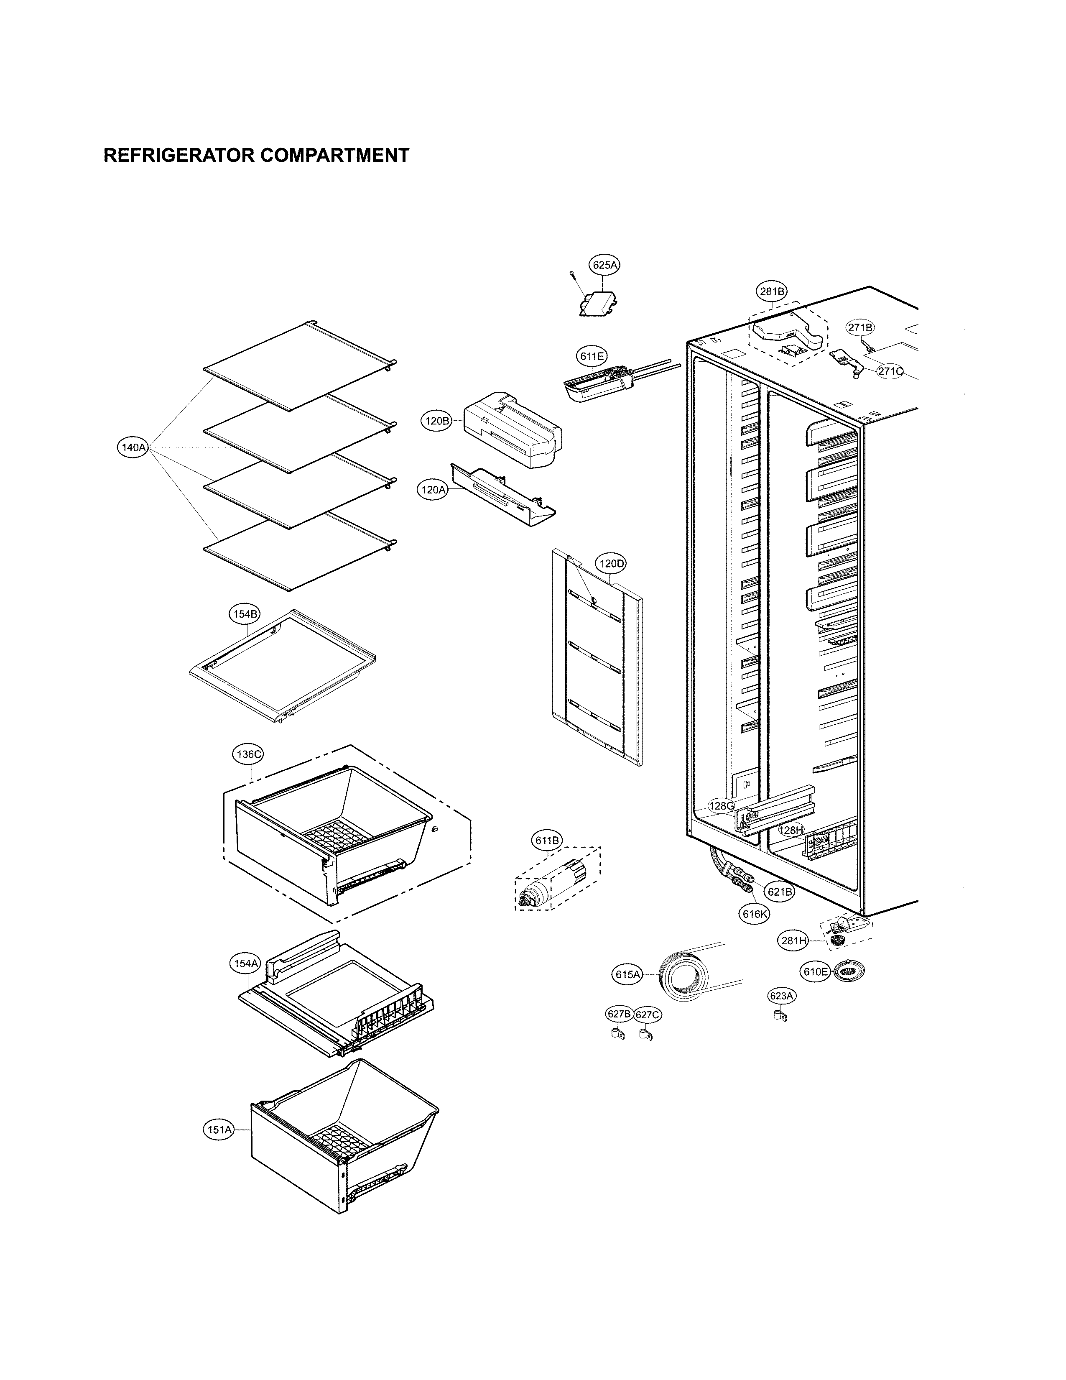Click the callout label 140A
(x=133, y=447)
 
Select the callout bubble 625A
(x=604, y=266)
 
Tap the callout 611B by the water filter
(x=547, y=841)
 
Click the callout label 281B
(x=772, y=292)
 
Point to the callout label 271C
(x=890, y=371)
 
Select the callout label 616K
(x=755, y=914)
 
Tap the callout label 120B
(x=436, y=421)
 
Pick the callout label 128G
(x=721, y=806)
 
